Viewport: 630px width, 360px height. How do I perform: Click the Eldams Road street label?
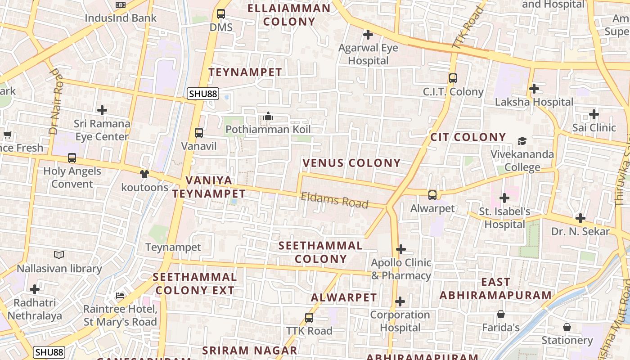pyautogui.click(x=334, y=200)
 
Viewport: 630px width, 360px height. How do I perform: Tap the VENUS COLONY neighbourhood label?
pyautogui.click(x=351, y=163)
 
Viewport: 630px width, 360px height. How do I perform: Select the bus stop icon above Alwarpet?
pyautogui.click(x=432, y=195)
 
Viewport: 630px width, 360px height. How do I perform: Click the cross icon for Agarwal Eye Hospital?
pyautogui.click(x=368, y=34)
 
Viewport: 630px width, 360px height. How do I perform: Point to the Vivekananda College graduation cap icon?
pyautogui.click(x=522, y=141)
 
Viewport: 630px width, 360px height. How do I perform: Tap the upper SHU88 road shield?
pyautogui.click(x=203, y=94)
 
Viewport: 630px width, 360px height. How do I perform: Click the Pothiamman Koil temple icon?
pyautogui.click(x=268, y=117)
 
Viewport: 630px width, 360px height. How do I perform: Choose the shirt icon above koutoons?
pyautogui.click(x=144, y=174)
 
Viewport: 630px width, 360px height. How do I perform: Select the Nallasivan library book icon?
pyautogui.click(x=59, y=255)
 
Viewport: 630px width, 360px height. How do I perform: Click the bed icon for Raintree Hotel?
pyautogui.click(x=120, y=296)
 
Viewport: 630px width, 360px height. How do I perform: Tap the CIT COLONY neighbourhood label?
pyautogui.click(x=468, y=137)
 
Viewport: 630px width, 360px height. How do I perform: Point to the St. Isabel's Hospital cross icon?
pyautogui.click(x=504, y=198)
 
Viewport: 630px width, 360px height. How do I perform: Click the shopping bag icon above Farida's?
pyautogui.click(x=501, y=314)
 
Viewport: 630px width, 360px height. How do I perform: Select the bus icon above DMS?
pyautogui.click(x=221, y=14)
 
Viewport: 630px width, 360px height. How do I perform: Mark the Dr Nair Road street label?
pyautogui.click(x=55, y=102)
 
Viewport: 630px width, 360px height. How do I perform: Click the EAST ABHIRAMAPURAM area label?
pyautogui.click(x=495, y=288)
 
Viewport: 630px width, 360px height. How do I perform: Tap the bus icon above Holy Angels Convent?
pyautogui.click(x=72, y=158)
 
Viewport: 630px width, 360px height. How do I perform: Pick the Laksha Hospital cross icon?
pyautogui.click(x=534, y=89)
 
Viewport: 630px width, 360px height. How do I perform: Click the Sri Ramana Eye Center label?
pyautogui.click(x=102, y=130)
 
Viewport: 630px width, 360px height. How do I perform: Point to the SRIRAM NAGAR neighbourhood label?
pyautogui.click(x=249, y=351)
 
